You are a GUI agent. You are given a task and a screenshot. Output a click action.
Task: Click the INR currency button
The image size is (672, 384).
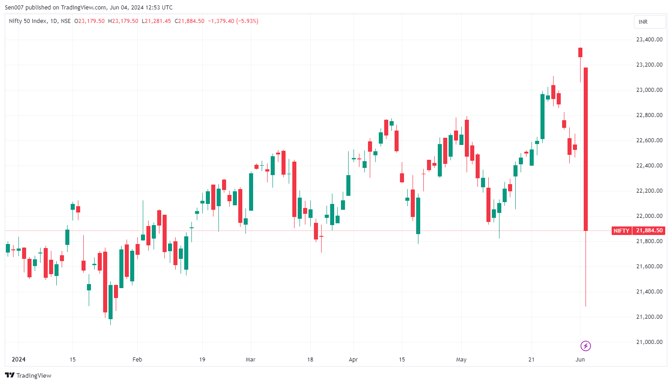click(649, 22)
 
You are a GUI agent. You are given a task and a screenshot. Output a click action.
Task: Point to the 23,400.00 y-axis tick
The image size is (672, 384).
click(649, 40)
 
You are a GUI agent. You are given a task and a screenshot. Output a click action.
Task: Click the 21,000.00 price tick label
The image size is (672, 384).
click(649, 342)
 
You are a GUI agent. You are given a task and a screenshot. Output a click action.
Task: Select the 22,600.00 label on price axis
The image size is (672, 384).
click(649, 140)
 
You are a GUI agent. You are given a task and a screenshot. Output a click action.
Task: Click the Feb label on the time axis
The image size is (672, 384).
click(137, 360)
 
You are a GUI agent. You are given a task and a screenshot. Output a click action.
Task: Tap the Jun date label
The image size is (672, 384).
click(580, 360)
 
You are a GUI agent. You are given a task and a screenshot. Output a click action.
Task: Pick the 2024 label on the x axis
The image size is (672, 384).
click(18, 360)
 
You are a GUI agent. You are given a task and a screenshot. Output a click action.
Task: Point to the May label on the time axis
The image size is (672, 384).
click(461, 360)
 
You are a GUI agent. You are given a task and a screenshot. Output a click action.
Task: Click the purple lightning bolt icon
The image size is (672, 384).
click(586, 346)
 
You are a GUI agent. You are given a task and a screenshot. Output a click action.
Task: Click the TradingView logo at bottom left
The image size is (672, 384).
click(28, 375)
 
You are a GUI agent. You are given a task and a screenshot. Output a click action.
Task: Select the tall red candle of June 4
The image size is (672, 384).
click(586, 149)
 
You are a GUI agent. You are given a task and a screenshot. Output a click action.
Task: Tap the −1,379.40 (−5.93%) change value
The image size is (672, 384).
click(233, 21)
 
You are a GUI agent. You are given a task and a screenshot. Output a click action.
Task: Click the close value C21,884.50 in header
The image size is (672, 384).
click(190, 21)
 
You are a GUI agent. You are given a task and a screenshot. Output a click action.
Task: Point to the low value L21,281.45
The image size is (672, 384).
click(156, 21)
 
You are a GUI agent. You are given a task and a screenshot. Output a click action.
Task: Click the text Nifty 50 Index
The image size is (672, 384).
click(27, 21)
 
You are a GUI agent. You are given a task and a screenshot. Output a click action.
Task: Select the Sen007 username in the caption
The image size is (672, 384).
click(15, 8)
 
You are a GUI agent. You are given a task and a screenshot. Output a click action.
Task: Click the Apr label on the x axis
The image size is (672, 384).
click(353, 360)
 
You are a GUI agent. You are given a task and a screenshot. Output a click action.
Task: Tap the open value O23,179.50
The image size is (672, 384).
click(90, 21)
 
